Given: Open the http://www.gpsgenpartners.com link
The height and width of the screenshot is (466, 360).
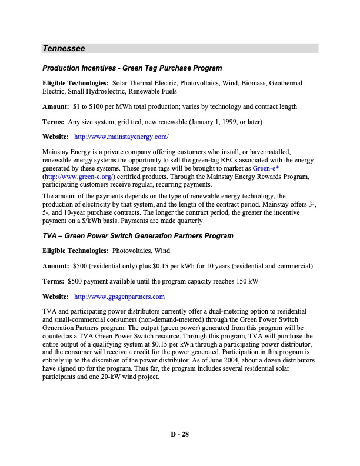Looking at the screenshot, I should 119,296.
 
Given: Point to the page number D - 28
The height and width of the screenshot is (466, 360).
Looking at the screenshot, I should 179,435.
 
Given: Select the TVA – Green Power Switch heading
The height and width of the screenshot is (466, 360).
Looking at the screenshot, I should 137,236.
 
